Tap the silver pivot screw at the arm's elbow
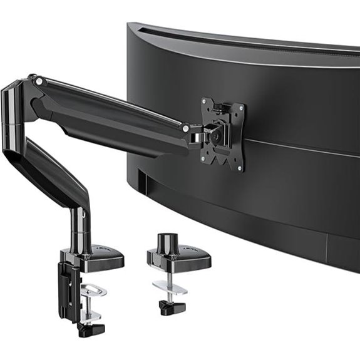pos(39,81)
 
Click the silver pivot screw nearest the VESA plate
pos(185,128)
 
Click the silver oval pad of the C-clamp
pos(94,290)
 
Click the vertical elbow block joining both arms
pos(13,116)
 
